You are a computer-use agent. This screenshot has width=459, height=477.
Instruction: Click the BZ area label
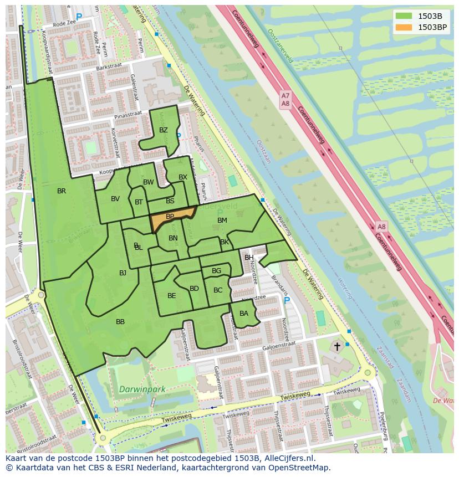pyautogui.click(x=163, y=130)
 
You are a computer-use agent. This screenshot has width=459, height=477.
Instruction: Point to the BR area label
pyautogui.click(x=62, y=191)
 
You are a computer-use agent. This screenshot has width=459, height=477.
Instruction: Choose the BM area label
pyautogui.click(x=222, y=220)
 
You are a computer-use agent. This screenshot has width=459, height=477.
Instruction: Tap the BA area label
pyautogui.click(x=244, y=314)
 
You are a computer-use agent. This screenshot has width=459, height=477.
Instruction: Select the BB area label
pyautogui.click(x=120, y=322)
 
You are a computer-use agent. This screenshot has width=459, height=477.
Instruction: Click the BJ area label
pyautogui.click(x=123, y=273)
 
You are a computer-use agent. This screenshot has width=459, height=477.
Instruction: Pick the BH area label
pyautogui.click(x=249, y=258)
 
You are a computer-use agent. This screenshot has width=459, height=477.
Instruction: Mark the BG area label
pyautogui.click(x=216, y=271)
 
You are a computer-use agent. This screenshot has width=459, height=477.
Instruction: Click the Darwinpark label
pyautogui.click(x=142, y=389)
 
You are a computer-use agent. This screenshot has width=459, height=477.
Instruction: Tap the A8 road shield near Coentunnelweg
pyautogui.click(x=381, y=227)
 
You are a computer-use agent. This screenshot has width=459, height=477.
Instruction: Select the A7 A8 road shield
pyautogui.click(x=285, y=100)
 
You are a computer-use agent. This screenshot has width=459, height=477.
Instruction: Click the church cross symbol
pyautogui.click(x=337, y=346)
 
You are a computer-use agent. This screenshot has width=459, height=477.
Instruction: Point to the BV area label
pyautogui.click(x=115, y=199)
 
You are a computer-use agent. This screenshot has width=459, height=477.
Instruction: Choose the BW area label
pyautogui.click(x=149, y=182)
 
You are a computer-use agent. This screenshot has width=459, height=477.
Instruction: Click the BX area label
pyautogui.click(x=183, y=177)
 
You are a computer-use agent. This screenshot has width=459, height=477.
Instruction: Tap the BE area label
pyautogui.click(x=171, y=296)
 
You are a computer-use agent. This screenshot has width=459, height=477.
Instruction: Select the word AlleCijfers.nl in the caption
pyautogui.click(x=288, y=458)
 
